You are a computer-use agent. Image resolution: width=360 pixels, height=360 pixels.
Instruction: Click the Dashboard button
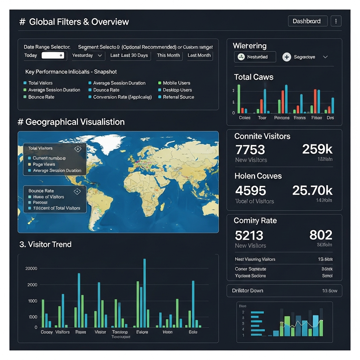pyautogui.click(x=307, y=21)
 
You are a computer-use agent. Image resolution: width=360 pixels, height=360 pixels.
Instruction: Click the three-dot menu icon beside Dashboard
pyautogui.click(x=336, y=21)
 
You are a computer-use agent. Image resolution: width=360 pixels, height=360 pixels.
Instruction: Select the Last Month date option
pyautogui.click(x=199, y=55)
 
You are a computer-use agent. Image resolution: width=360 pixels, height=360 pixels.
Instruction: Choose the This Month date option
pyautogui.click(x=168, y=55)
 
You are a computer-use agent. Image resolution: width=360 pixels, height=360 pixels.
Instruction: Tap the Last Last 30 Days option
pyautogui.click(x=129, y=55)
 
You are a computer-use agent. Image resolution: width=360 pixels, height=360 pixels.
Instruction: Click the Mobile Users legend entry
pyautogui.click(x=176, y=83)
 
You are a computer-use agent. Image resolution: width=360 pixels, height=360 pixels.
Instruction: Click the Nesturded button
pyautogui.click(x=255, y=57)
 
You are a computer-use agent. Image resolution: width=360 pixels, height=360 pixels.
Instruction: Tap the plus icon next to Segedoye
pyautogui.click(x=287, y=57)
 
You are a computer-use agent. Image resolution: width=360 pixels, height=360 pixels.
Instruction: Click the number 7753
pyautogui.click(x=250, y=150)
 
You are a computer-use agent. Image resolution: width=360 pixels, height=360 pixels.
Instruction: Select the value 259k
pyautogui.click(x=317, y=149)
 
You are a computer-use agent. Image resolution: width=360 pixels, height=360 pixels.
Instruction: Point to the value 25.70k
pyautogui.click(x=312, y=191)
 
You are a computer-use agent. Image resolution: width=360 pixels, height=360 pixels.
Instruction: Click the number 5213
pyautogui.click(x=249, y=235)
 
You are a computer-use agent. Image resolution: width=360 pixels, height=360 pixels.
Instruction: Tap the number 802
pyautogui.click(x=321, y=235)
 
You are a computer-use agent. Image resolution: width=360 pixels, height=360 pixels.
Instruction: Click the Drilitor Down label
pyautogui.click(x=247, y=291)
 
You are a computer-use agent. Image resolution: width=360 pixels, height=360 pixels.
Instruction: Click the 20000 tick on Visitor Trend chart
pyautogui.click(x=31, y=269)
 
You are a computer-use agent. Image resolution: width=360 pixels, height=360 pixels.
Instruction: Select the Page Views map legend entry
pyautogui.click(x=44, y=164)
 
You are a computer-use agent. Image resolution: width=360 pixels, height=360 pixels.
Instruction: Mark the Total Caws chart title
pyautogui.click(x=253, y=77)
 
